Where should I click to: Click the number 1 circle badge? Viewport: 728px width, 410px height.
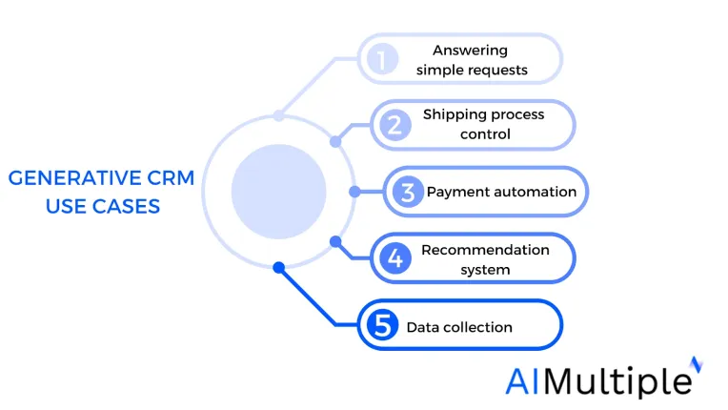coord(382,59)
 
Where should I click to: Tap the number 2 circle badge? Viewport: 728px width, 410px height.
coord(395,125)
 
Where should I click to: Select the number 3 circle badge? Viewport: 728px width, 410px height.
coord(408,192)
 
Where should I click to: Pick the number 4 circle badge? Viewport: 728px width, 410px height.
coord(395,257)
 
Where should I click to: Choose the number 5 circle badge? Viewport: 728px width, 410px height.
coord(382,324)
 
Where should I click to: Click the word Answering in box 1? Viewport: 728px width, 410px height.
coord(470,51)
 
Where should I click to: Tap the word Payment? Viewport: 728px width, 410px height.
coord(455,193)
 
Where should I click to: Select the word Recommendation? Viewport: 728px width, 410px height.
coord(485,250)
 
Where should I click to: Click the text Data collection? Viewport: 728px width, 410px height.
coord(459,327)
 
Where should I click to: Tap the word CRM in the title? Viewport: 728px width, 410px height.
coord(171,178)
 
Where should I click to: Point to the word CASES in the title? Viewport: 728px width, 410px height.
coord(126,206)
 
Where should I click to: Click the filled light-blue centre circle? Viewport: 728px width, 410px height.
coord(278,192)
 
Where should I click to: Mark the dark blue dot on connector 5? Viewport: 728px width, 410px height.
coord(278,267)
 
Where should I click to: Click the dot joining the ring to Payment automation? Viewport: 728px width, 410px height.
coord(354,192)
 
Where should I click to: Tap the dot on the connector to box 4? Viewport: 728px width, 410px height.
coord(335,241)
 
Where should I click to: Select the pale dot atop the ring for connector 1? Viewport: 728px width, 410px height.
coord(278,115)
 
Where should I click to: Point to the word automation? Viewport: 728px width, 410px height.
coord(531,192)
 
